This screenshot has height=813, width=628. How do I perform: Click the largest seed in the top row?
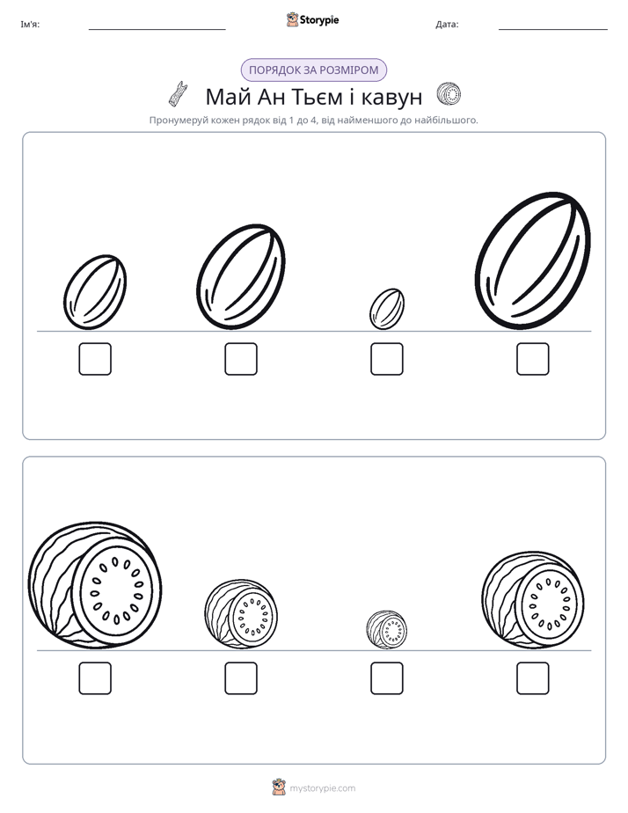tap(533, 260)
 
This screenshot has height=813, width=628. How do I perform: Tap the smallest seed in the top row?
tap(387, 309)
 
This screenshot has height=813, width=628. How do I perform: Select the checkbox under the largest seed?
tap(533, 359)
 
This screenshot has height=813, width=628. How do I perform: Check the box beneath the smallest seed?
tap(387, 359)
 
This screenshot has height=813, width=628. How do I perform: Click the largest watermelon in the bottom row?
tap(95, 585)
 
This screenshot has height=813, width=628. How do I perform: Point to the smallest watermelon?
tap(386, 629)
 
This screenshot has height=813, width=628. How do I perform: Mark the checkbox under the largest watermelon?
tap(95, 678)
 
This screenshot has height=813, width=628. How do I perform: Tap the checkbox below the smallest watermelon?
tap(387, 678)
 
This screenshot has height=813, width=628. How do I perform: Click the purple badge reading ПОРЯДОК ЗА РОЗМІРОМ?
tap(314, 70)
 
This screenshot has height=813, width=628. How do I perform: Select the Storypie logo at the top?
tap(312, 19)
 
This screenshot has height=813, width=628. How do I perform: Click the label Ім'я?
tap(30, 25)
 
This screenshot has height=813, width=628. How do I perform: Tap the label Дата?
tap(447, 25)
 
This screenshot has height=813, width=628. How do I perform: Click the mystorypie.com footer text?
tap(322, 788)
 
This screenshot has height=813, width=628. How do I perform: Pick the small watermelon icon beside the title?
tap(449, 94)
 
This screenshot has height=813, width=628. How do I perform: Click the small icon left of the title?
tap(178, 94)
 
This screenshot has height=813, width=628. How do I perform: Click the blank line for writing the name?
tap(157, 30)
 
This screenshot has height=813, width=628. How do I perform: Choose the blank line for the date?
tap(553, 30)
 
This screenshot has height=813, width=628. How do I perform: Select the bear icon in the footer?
tap(280, 787)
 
